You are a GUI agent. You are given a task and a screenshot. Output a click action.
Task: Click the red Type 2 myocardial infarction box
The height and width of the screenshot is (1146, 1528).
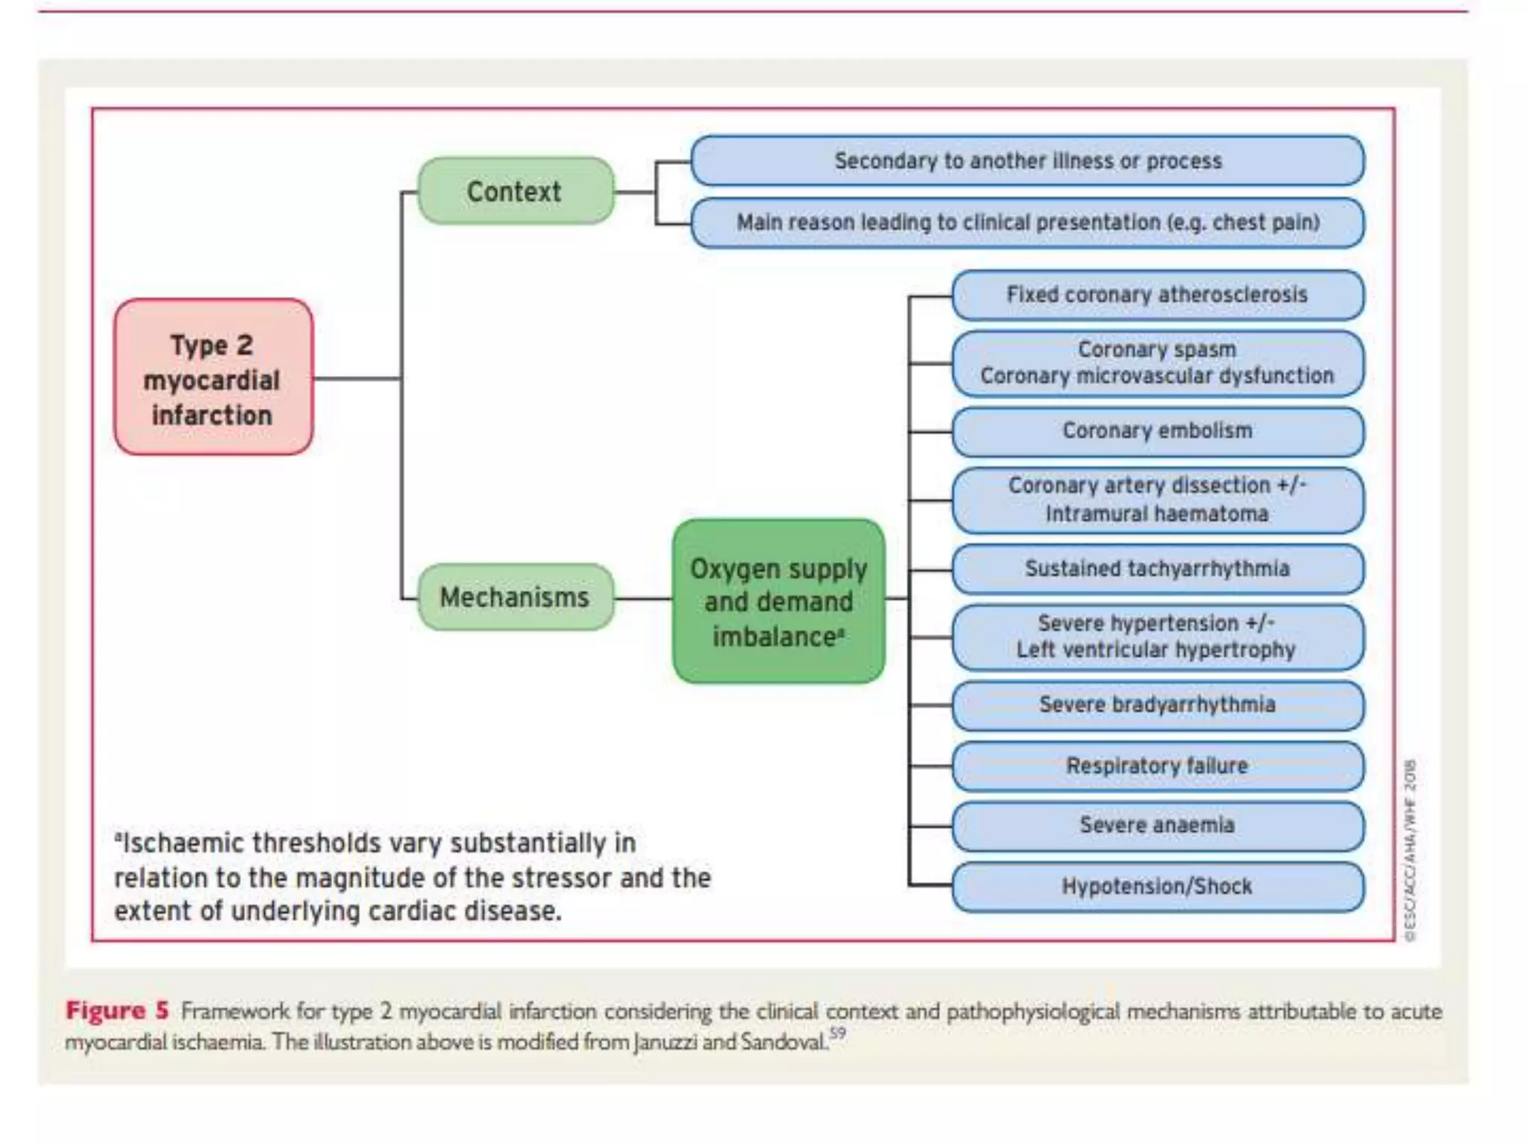[213, 377]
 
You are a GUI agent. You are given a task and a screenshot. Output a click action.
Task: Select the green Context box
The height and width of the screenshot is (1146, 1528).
[516, 191]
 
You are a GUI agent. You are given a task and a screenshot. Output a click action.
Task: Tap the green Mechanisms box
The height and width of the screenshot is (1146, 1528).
[516, 598]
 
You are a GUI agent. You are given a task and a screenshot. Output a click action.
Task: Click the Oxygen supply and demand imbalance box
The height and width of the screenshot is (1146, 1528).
[778, 601]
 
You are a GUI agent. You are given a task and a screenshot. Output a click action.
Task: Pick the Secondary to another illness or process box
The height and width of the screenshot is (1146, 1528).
[1027, 160]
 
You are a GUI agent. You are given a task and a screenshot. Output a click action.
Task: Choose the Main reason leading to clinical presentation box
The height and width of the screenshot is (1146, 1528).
[1027, 222]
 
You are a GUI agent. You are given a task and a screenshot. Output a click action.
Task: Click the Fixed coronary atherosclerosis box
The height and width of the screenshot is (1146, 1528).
[1157, 295]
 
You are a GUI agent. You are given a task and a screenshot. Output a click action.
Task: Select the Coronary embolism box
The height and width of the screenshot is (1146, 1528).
[1157, 431]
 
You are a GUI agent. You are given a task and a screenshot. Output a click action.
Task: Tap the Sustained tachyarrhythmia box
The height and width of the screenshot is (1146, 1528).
[1157, 569]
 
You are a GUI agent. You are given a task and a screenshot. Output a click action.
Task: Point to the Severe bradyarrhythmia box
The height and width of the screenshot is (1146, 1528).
[1157, 704]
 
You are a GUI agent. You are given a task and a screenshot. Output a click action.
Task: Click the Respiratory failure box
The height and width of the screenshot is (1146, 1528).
[1157, 765]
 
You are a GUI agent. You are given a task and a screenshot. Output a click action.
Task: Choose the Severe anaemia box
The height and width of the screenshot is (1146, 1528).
[1157, 825]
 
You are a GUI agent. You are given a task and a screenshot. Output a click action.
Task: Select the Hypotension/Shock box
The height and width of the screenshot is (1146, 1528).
[1157, 886]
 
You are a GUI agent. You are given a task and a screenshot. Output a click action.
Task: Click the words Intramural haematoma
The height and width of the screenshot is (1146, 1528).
[1157, 514]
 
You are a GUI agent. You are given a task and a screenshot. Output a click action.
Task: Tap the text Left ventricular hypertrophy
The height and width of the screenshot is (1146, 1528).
[1156, 650]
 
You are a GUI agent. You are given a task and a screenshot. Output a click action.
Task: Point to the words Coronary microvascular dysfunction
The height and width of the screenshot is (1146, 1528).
[1157, 376]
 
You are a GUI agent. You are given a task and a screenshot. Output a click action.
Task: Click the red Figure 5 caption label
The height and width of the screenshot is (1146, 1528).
[117, 1011]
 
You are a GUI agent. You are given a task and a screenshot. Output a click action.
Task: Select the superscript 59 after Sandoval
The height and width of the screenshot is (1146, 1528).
[838, 1033]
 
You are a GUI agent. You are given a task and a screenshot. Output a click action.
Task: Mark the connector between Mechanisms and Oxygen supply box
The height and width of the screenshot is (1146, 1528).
[643, 598]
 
